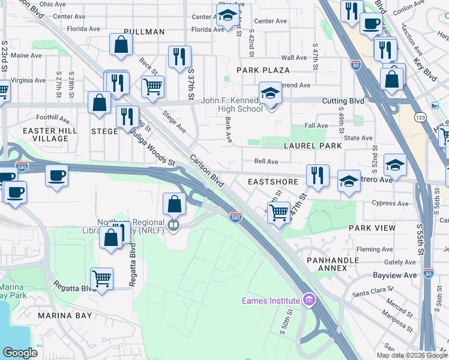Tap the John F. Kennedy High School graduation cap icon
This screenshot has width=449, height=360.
271,94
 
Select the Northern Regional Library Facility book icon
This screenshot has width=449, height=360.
173,225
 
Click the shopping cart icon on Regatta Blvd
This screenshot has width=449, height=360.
101,278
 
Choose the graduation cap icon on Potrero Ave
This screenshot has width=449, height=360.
348,181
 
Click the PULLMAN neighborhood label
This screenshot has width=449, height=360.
144,31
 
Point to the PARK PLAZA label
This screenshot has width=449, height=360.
264,70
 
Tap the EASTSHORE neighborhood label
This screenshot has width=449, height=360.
269,181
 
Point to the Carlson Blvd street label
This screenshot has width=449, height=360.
207,172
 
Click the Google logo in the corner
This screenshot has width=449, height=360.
20,352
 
